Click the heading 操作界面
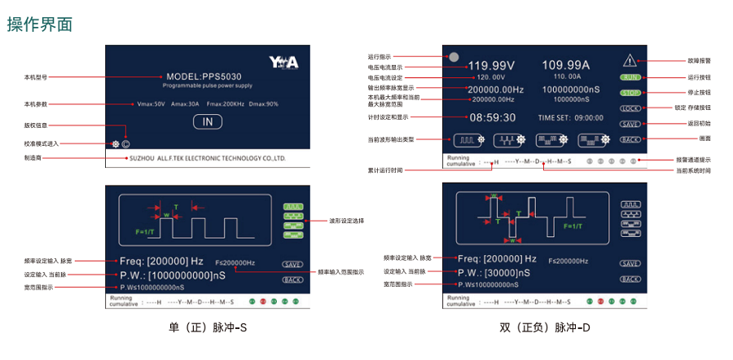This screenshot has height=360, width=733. point(41,24)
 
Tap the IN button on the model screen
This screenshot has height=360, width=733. point(208,122)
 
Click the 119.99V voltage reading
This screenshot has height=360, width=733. point(491,65)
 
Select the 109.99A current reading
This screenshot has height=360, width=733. point(566,65)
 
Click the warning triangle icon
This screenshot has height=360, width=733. point(631,60)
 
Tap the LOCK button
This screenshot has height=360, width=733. point(630,108)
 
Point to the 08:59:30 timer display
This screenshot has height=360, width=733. point(492,117)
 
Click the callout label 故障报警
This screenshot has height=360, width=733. point(700,60)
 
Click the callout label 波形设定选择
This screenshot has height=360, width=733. point(345,220)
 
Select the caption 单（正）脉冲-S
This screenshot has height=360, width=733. point(207,328)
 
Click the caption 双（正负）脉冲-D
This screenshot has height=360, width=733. point(545,328)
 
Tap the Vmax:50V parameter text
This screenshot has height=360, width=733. point(151,104)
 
